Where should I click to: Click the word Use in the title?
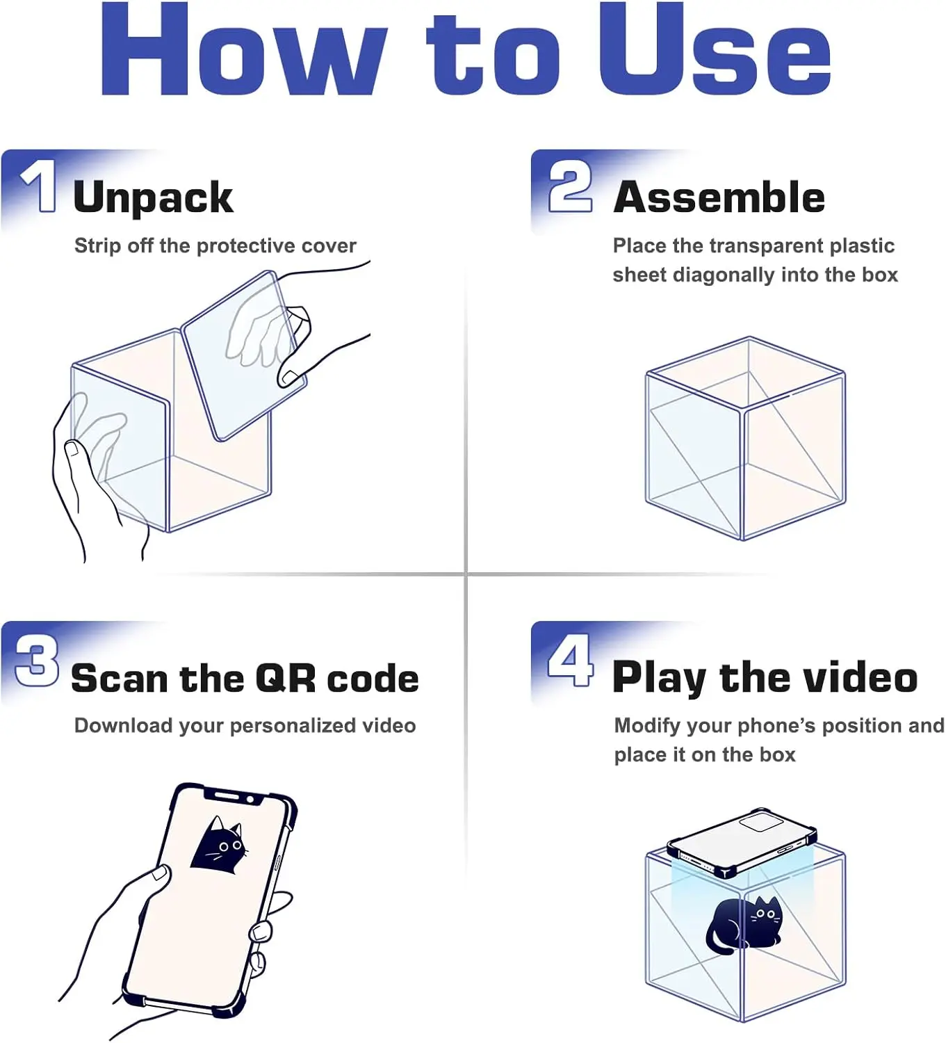[715, 49]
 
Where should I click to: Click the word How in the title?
[244, 49]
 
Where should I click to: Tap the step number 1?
[40, 186]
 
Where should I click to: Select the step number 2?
[570, 186]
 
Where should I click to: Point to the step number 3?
[36, 661]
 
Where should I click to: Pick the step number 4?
[570, 661]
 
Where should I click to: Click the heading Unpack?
[154, 197]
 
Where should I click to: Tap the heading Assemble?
[719, 197]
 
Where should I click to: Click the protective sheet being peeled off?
[244, 355]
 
